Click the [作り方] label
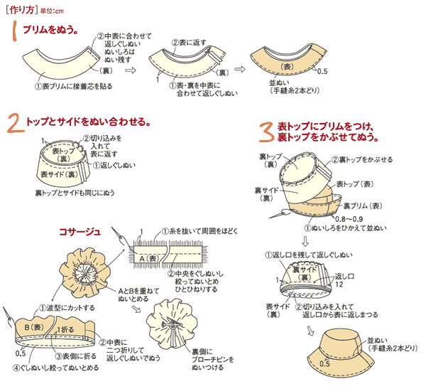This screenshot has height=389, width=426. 21,8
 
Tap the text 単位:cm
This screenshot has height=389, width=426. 55,9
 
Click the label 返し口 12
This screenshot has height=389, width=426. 345,280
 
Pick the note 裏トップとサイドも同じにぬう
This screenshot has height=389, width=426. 77,192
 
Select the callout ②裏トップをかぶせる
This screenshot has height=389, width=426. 362,160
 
